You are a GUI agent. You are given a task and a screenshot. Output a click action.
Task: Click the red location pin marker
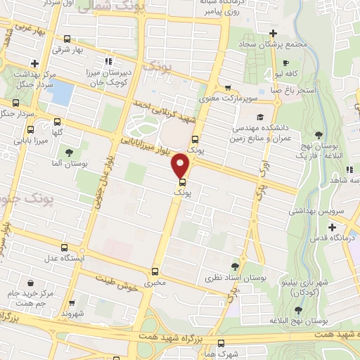[x=181, y=165]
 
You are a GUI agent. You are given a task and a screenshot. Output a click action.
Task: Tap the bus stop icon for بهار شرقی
[x=67, y=39]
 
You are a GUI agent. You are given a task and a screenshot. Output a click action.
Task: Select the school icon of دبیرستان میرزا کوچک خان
[x=108, y=60]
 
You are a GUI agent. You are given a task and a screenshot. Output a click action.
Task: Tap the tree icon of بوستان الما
[x=68, y=152]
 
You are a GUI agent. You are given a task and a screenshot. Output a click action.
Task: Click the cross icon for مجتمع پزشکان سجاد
[x=274, y=33]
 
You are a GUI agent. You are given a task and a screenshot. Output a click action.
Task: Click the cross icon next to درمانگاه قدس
[x=332, y=226]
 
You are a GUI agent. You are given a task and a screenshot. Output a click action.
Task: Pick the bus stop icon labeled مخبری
[x=155, y=272]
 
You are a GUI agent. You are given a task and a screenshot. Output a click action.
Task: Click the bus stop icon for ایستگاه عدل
[x=64, y=249]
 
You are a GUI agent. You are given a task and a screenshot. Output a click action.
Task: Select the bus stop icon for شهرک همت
[x=222, y=344]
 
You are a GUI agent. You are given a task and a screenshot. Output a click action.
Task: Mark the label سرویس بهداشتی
[x=314, y=210]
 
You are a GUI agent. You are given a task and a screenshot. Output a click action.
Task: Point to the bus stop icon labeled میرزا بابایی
[x=30, y=129]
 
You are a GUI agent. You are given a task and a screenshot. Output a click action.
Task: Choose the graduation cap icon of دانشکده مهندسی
[x=261, y=117]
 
